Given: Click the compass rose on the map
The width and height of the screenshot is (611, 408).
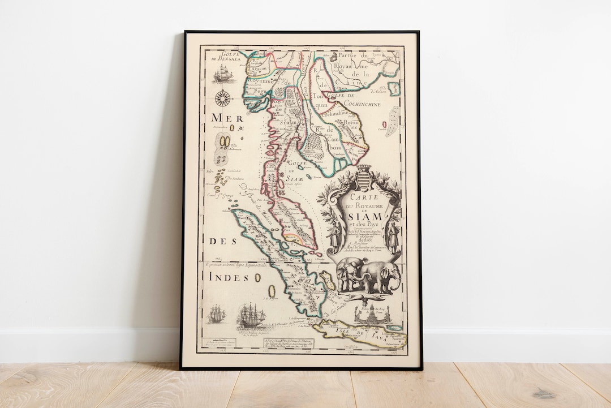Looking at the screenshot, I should [x=223, y=98].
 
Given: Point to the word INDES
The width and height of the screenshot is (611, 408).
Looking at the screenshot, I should [x=229, y=277].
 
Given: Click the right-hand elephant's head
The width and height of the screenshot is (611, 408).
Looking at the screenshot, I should [x=389, y=276].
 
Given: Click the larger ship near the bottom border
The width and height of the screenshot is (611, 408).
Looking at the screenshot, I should [x=252, y=315].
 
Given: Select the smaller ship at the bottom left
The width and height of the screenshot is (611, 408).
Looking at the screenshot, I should [x=216, y=314].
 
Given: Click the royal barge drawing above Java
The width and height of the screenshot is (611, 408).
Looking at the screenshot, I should [x=373, y=313].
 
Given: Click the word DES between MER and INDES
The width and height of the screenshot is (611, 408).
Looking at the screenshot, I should [x=222, y=241].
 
